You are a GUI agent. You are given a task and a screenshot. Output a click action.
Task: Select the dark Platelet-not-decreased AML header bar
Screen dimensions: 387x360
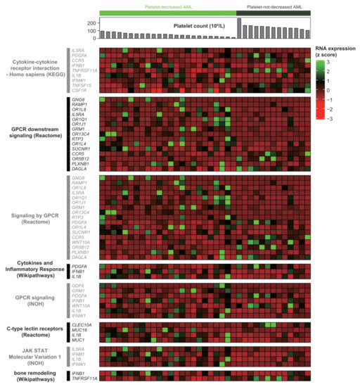[x=274, y=13]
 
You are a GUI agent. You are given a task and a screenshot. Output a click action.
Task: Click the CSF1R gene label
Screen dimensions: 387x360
[x=79, y=90]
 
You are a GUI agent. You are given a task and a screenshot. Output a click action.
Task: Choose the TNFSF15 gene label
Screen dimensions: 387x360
[x=80, y=84]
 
